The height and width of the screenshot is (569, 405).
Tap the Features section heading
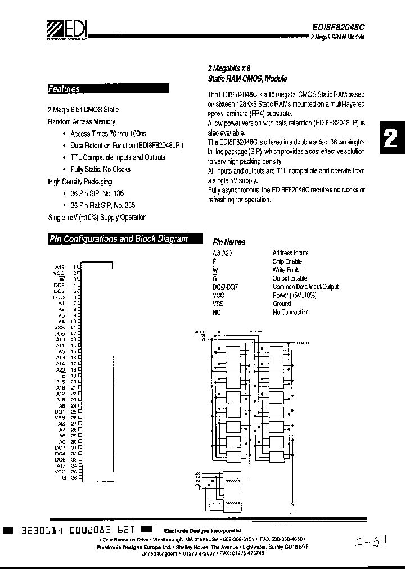tap(64, 89)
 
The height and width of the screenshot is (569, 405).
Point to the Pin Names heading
tap(229, 242)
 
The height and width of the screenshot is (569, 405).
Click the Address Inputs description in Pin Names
tap(290, 254)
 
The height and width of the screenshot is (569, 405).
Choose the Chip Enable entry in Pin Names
tap(287, 262)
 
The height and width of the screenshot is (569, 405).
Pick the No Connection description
tap(291, 313)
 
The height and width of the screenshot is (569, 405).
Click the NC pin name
tap(217, 313)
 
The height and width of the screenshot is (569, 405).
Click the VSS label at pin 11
tap(60, 327)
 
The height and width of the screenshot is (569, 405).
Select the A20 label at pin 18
tap(60, 369)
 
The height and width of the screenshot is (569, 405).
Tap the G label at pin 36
tap(64, 477)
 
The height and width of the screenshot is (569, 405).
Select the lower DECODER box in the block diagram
tap(232, 503)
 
